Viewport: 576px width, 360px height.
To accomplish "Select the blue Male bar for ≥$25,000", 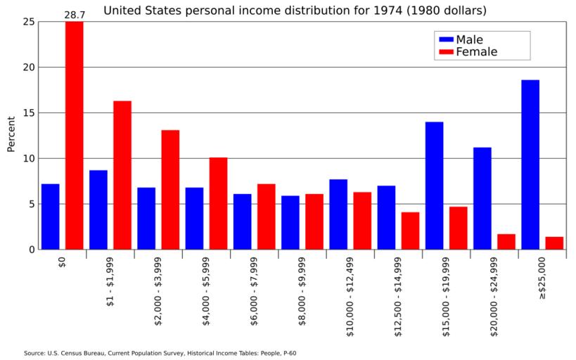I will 530,165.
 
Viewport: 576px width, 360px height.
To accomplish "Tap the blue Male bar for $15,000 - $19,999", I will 434,186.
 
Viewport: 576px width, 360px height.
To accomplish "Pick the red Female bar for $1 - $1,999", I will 122,175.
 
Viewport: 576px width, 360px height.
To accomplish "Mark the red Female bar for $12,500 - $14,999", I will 410,231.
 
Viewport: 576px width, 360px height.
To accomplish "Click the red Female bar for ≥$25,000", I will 554,243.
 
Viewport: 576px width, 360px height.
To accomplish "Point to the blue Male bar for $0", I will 50,217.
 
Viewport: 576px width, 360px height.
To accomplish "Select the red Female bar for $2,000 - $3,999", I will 170,190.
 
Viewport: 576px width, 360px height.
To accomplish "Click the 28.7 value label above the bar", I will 75,14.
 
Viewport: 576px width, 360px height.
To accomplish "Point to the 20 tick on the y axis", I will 27,67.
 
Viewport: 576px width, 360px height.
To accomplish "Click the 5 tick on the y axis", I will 30,204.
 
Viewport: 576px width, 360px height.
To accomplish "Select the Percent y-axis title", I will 11,134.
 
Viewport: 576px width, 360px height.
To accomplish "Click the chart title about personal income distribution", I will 295,11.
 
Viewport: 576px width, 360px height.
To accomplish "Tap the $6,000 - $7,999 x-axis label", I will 254,295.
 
